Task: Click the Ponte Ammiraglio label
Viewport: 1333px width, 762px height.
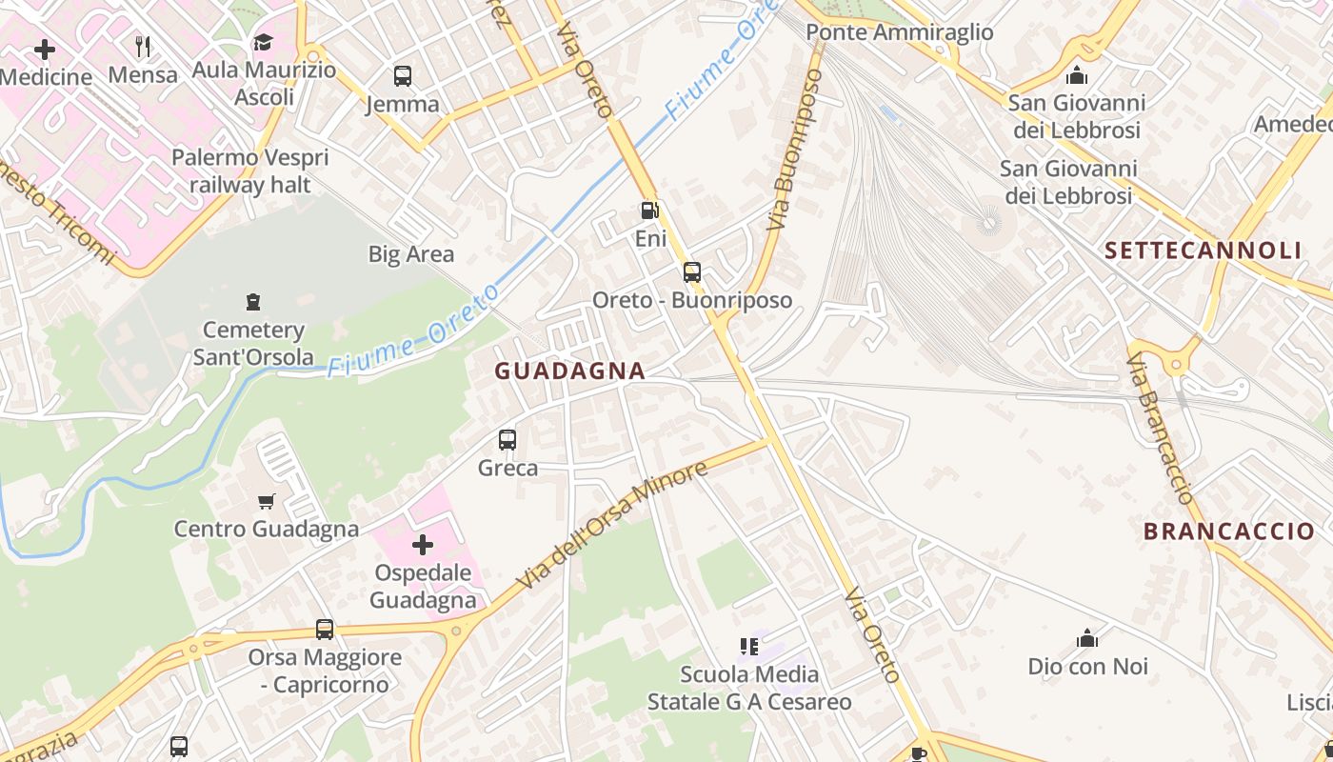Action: (899, 32)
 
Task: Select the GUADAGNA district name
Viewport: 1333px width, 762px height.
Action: (569, 371)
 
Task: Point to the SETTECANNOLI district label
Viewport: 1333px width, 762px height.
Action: (1203, 251)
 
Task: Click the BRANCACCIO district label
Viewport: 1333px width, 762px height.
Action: (1228, 531)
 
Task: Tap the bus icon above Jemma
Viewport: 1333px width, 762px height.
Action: (403, 76)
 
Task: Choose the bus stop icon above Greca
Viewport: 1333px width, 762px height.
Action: (507, 440)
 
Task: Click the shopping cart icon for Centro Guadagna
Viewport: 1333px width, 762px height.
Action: (267, 501)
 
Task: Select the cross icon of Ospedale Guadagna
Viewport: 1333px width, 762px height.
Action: (423, 545)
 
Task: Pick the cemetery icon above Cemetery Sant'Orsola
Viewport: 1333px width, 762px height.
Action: (253, 302)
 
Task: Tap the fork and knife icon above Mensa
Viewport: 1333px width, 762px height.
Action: (143, 46)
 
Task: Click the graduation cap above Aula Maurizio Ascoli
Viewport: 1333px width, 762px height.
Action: (263, 42)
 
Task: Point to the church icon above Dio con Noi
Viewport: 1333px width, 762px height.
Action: (1087, 638)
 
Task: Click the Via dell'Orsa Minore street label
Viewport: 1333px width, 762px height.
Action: (613, 525)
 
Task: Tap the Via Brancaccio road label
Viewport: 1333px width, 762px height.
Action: (1161, 428)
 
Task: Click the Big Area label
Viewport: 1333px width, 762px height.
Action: (411, 254)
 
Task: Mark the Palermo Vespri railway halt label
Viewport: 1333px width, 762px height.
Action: (250, 171)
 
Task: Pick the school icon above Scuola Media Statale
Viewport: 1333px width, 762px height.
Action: (749, 647)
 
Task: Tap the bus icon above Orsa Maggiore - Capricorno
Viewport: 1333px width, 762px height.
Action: (325, 630)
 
